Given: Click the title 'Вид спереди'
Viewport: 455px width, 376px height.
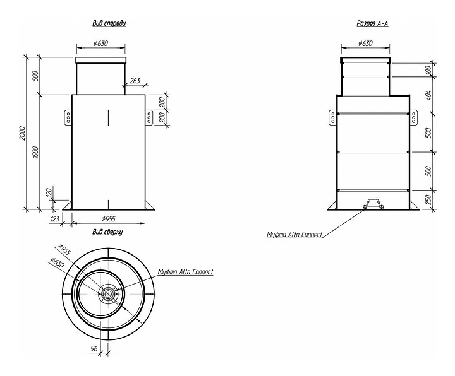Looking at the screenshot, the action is coord(109,23).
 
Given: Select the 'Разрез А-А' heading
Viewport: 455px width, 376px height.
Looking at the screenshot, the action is coord(372,24).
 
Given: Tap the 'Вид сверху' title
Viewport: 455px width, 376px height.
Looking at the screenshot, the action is coord(107,232).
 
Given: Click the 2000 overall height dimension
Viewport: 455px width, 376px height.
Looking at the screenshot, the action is coord(23,133).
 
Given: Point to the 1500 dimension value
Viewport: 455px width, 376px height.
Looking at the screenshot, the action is coord(36,152).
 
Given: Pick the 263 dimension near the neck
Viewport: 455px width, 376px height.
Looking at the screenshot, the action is coord(135,81).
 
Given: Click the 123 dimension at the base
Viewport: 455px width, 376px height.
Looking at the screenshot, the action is coord(55,219).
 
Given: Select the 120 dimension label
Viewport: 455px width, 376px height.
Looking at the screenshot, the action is coord(49,192).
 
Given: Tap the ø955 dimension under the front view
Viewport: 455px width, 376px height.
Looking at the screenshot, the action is coord(109,219).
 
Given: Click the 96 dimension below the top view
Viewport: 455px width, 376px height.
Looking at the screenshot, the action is coord(94,348).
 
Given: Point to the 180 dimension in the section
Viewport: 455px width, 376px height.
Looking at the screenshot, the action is coord(428,70).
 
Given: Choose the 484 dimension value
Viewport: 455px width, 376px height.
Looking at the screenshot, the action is coord(428,95).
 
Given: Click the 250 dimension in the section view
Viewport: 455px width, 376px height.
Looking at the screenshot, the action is coord(428,199).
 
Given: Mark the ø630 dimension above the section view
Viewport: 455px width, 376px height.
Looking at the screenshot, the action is coord(365,44).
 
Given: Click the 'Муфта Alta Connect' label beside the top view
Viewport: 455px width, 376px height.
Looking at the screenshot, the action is coord(185,272).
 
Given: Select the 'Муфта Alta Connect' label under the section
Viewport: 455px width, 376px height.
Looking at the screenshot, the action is coord(294,234).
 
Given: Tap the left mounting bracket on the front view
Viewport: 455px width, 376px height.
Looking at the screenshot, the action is coord(68,117).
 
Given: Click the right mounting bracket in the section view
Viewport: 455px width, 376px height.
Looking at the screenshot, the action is coord(413,117).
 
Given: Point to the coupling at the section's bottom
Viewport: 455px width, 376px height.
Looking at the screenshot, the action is coord(373,204).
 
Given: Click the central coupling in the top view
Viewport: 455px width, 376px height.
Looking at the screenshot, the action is coord(108,294).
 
